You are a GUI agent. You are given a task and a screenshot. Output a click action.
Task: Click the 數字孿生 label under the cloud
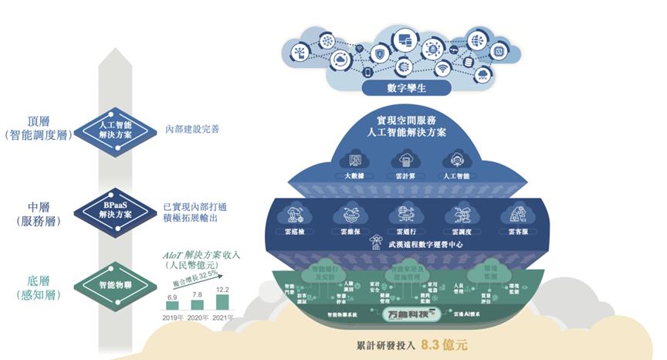pyautogui.click(x=406, y=88)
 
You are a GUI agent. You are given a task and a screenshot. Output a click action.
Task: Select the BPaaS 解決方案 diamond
pyautogui.click(x=114, y=209)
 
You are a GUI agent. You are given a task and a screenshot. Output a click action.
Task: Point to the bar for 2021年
pyautogui.click(x=222, y=301)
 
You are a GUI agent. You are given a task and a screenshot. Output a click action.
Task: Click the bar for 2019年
pyautogui.click(x=172, y=304)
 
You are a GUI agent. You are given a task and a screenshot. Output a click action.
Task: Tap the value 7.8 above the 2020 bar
pyautogui.click(x=198, y=294)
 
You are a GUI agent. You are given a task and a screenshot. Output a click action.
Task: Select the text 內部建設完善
pyautogui.click(x=192, y=129)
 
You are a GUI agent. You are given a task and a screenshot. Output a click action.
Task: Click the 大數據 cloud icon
pyautogui.click(x=356, y=161)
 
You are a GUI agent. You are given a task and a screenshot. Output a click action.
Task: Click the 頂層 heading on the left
pyautogui.click(x=39, y=121)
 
